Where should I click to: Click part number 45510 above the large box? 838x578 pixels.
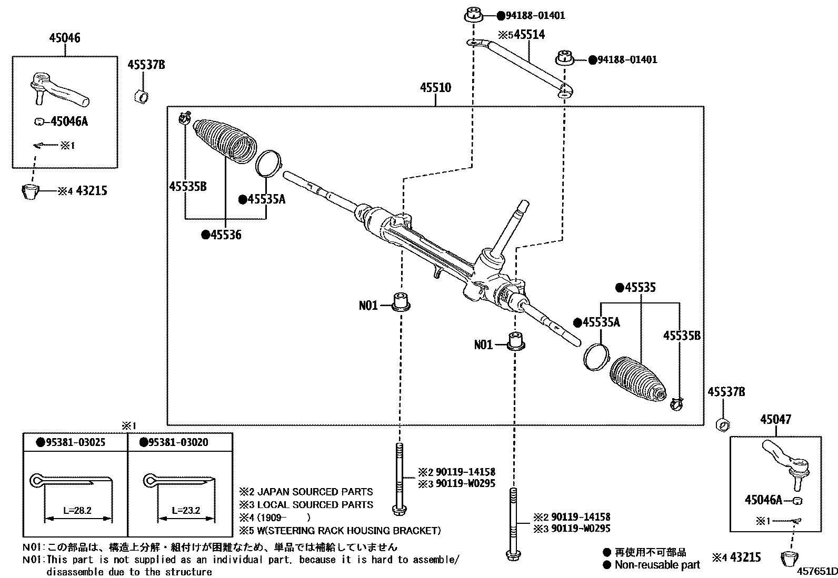[435, 88]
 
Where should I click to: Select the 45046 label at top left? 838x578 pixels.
[65, 38]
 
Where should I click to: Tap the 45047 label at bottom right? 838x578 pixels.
[775, 420]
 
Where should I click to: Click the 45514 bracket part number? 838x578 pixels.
[529, 35]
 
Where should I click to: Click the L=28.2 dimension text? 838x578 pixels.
[77, 510]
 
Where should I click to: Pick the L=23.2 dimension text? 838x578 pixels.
[186, 510]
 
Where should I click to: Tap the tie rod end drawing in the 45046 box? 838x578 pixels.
[58, 89]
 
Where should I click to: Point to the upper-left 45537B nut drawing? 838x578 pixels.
[141, 97]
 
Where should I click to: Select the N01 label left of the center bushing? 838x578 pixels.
[368, 305]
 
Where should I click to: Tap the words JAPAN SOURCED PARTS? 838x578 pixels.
[314, 492]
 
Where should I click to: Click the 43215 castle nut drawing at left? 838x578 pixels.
[32, 191]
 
